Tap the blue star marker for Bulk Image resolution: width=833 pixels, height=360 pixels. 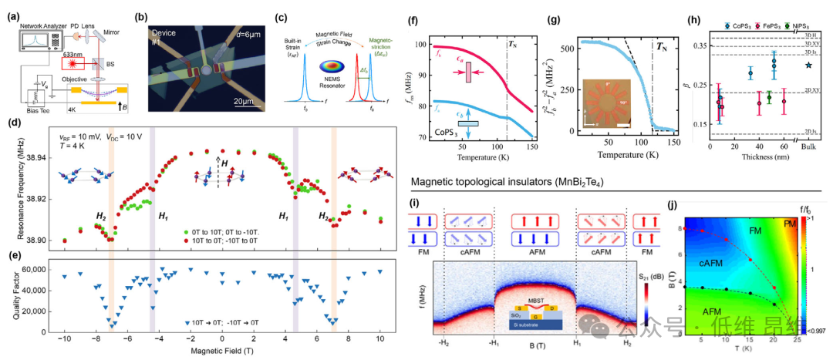tap(808, 65)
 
